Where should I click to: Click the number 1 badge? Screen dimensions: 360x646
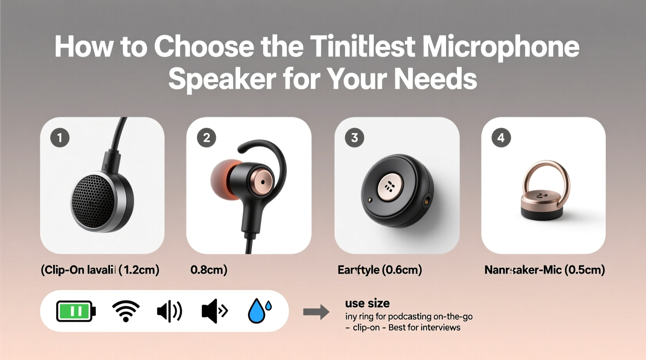pyautogui.click(x=60, y=138)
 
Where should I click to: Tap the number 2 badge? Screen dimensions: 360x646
pyautogui.click(x=207, y=138)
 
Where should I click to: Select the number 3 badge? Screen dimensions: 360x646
pyautogui.click(x=354, y=138)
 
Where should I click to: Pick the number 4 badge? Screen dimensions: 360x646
pyautogui.click(x=501, y=138)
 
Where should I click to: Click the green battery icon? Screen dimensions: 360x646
pyautogui.click(x=76, y=311)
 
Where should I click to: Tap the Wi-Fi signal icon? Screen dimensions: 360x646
pyautogui.click(x=126, y=311)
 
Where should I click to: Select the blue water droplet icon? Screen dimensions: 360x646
pyautogui.click(x=259, y=311)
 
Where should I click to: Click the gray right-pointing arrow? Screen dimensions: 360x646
pyautogui.click(x=316, y=312)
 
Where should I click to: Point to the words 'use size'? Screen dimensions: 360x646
pyautogui.click(x=367, y=303)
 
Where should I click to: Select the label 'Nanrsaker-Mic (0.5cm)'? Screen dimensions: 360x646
pyautogui.click(x=544, y=270)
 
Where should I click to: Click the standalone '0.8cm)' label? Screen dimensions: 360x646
pyautogui.click(x=209, y=270)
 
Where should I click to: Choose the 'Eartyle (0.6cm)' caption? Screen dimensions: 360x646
pyautogui.click(x=380, y=270)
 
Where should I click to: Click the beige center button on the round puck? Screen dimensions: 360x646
pyautogui.click(x=390, y=187)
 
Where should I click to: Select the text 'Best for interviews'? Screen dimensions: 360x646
pyautogui.click(x=424, y=327)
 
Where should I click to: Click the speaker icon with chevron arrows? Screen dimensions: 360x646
pyautogui.click(x=214, y=311)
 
